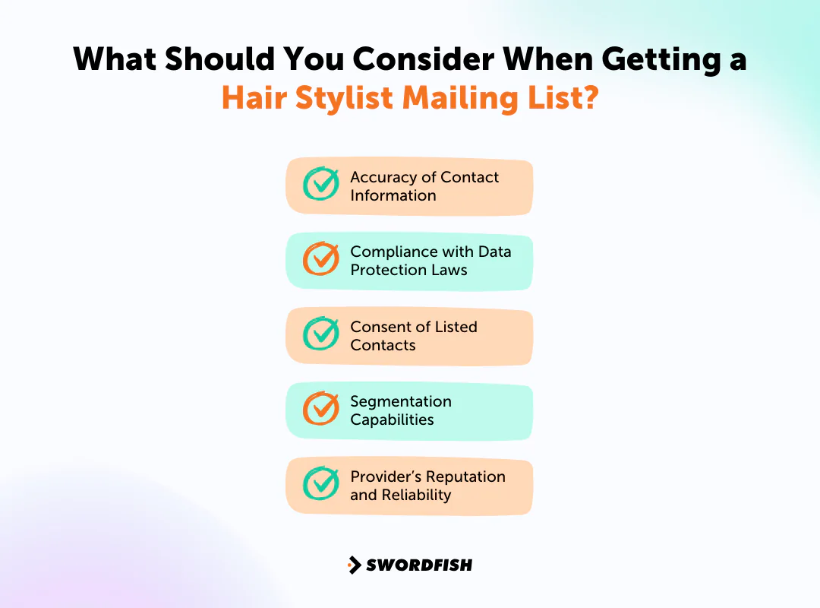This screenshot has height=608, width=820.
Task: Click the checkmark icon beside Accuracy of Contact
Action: [321, 184]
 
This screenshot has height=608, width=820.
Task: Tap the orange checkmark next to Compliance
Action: [321, 259]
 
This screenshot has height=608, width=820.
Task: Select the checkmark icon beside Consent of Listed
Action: [321, 334]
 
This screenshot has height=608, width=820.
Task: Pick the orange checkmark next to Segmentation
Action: [321, 409]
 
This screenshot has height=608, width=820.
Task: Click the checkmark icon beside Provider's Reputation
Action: [321, 484]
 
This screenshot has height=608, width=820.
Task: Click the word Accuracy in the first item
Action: [383, 177]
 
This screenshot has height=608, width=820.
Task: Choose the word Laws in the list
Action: [449, 270]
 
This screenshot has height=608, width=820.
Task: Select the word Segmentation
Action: [400, 401]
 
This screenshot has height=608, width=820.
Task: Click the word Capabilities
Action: [392, 420]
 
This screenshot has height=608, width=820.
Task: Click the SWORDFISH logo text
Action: [419, 565]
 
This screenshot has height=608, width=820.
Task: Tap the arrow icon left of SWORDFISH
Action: [354, 565]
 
